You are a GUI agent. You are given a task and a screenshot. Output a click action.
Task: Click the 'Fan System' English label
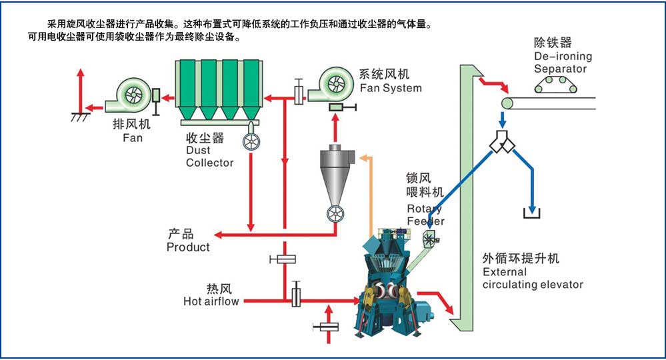pyautogui.click(x=391, y=88)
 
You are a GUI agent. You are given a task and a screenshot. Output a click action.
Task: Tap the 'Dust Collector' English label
pyautogui.click(x=210, y=157)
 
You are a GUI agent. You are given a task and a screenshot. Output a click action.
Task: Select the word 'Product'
pyautogui.click(x=188, y=247)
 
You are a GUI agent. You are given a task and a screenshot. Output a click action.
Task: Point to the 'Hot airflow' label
pyautogui.click(x=211, y=301)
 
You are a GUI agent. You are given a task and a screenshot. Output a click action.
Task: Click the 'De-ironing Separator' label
pyautogui.click(x=563, y=63)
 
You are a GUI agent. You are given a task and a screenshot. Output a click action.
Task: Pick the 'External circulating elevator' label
pyautogui.click(x=533, y=279)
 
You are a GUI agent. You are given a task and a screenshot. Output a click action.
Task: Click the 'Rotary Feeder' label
pyautogui.click(x=425, y=215)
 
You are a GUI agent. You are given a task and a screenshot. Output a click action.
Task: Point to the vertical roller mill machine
pyautogui.click(x=389, y=287)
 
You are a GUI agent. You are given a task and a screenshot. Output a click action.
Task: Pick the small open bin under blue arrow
pyautogui.click(x=532, y=215)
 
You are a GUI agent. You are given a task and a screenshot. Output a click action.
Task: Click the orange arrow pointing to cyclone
pyautogui.click(x=364, y=158)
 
